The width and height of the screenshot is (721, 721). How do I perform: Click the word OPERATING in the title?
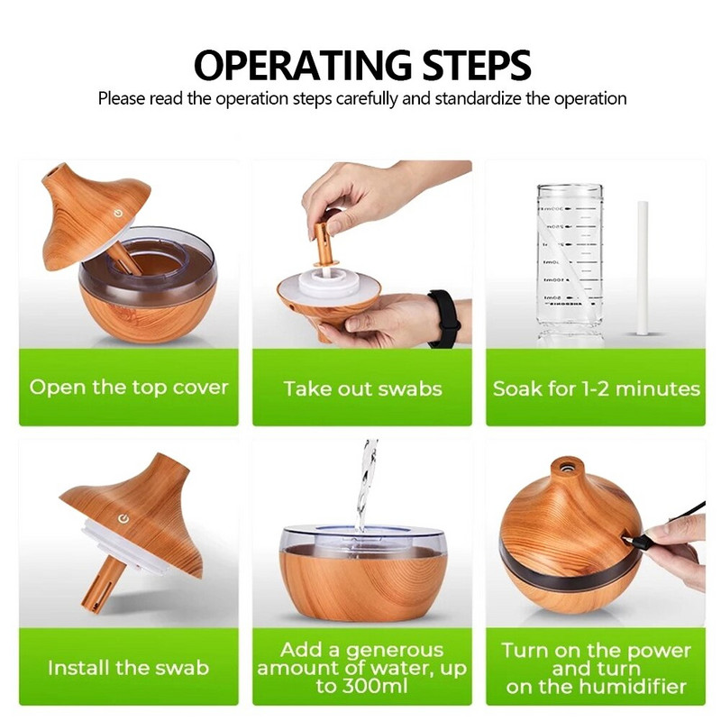pyautogui.click(x=303, y=65)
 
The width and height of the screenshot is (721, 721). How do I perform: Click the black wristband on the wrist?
pyautogui.click(x=443, y=318)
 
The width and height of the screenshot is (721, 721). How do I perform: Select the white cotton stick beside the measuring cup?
pyautogui.click(x=643, y=267)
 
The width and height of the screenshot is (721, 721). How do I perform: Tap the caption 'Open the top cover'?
pyautogui.click(x=129, y=388)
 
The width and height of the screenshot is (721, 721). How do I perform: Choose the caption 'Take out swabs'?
pyautogui.click(x=362, y=388)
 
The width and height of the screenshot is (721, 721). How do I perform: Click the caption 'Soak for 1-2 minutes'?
pyautogui.click(x=597, y=389)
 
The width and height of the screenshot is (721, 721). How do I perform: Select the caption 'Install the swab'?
pyautogui.click(x=128, y=668)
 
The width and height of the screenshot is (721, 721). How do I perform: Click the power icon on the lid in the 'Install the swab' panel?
pyautogui.click(x=123, y=519)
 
